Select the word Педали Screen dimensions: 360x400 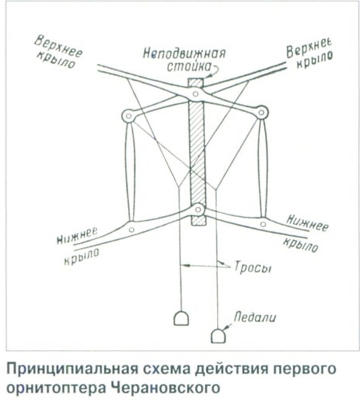255,317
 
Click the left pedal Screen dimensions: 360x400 181,318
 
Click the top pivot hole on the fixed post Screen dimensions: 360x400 196,94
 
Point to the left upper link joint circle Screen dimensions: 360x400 129,116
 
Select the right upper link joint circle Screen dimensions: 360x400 261,112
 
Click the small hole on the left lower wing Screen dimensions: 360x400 132,229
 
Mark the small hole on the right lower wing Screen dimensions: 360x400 263,224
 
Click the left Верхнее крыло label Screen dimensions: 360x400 58,53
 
